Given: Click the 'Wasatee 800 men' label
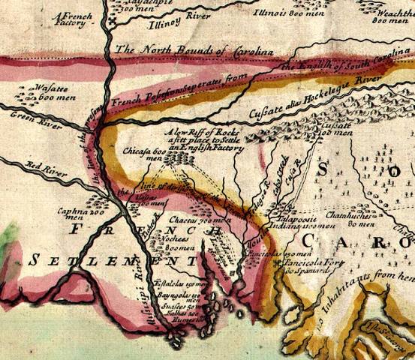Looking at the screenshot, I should (42, 93).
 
